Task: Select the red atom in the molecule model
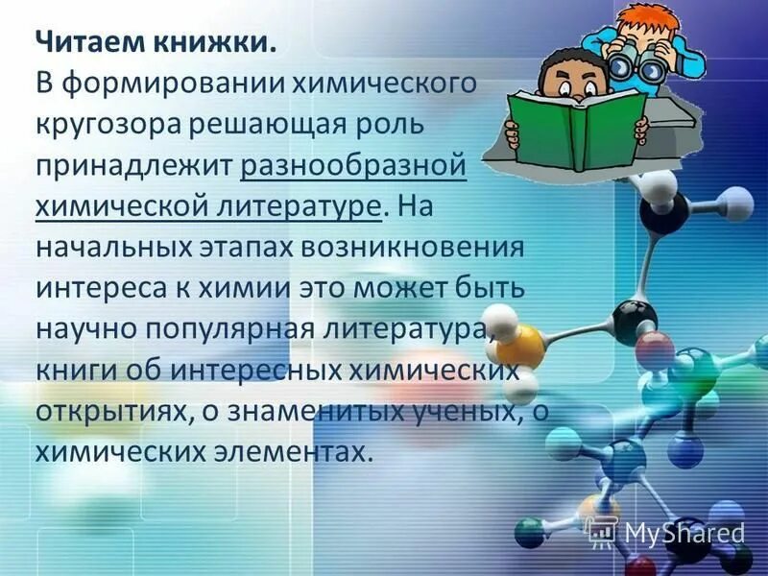(x=655, y=346)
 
